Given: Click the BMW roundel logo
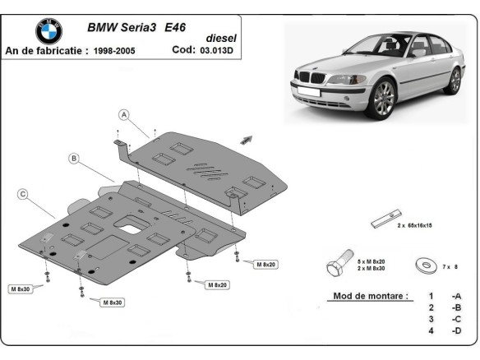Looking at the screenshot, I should pos(48,31).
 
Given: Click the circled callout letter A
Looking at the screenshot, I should pos(123,114).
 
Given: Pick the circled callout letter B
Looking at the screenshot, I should pos(73,157).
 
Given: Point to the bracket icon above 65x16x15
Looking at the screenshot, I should pos(384,219).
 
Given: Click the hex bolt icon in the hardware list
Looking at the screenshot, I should pos(339,266).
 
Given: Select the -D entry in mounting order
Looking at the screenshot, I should pos(455,331).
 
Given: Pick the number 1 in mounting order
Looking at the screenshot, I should pos(430,296).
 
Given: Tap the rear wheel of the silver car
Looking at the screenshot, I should pos(454,81).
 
